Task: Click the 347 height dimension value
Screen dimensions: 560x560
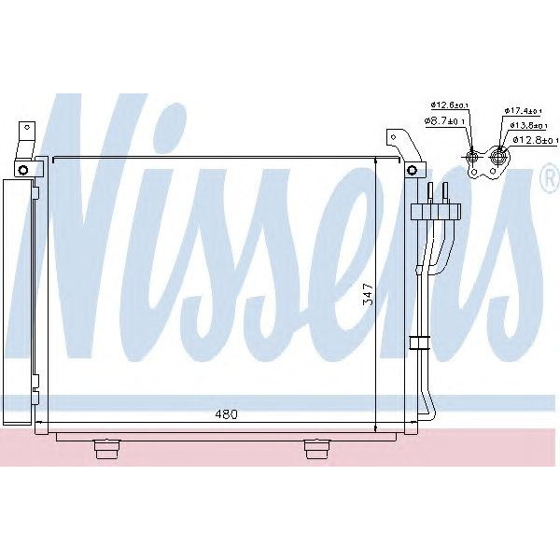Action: [x=369, y=295]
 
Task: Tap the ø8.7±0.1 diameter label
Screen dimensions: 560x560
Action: [x=444, y=120]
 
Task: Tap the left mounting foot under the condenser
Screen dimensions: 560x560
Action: [x=108, y=449]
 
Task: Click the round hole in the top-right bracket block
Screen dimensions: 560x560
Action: [x=412, y=170]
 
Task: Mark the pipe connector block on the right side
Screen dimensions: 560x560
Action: [x=436, y=210]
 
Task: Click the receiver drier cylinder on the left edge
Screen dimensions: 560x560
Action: [x=16, y=299]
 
